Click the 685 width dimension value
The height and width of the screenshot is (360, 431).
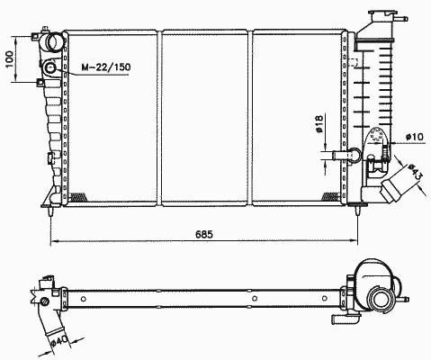203,234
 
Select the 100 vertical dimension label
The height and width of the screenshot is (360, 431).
9,58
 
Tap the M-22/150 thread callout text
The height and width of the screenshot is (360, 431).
106,67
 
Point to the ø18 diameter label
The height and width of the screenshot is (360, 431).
319,123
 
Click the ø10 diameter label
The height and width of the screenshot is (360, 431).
415,137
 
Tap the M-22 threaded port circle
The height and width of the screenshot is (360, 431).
49,67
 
